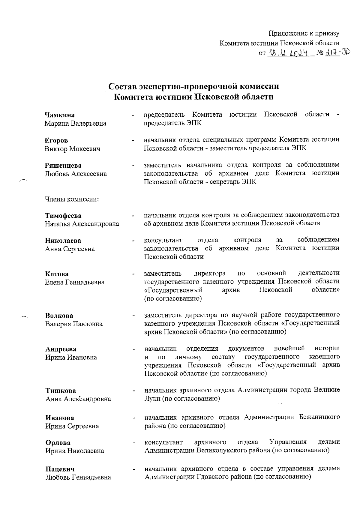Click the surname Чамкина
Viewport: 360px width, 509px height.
click(x=60, y=115)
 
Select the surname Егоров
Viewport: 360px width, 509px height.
click(x=56, y=140)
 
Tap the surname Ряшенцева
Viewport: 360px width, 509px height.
click(x=63, y=166)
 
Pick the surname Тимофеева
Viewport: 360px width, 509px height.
click(x=63, y=216)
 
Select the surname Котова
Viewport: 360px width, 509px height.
click(x=57, y=274)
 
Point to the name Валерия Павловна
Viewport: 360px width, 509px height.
click(x=74, y=324)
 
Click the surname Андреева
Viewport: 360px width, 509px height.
click(x=61, y=349)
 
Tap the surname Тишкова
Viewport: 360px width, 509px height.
click(x=61, y=391)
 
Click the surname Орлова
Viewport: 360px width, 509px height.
click(x=58, y=443)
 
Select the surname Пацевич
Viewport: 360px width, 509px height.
click(x=60, y=469)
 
